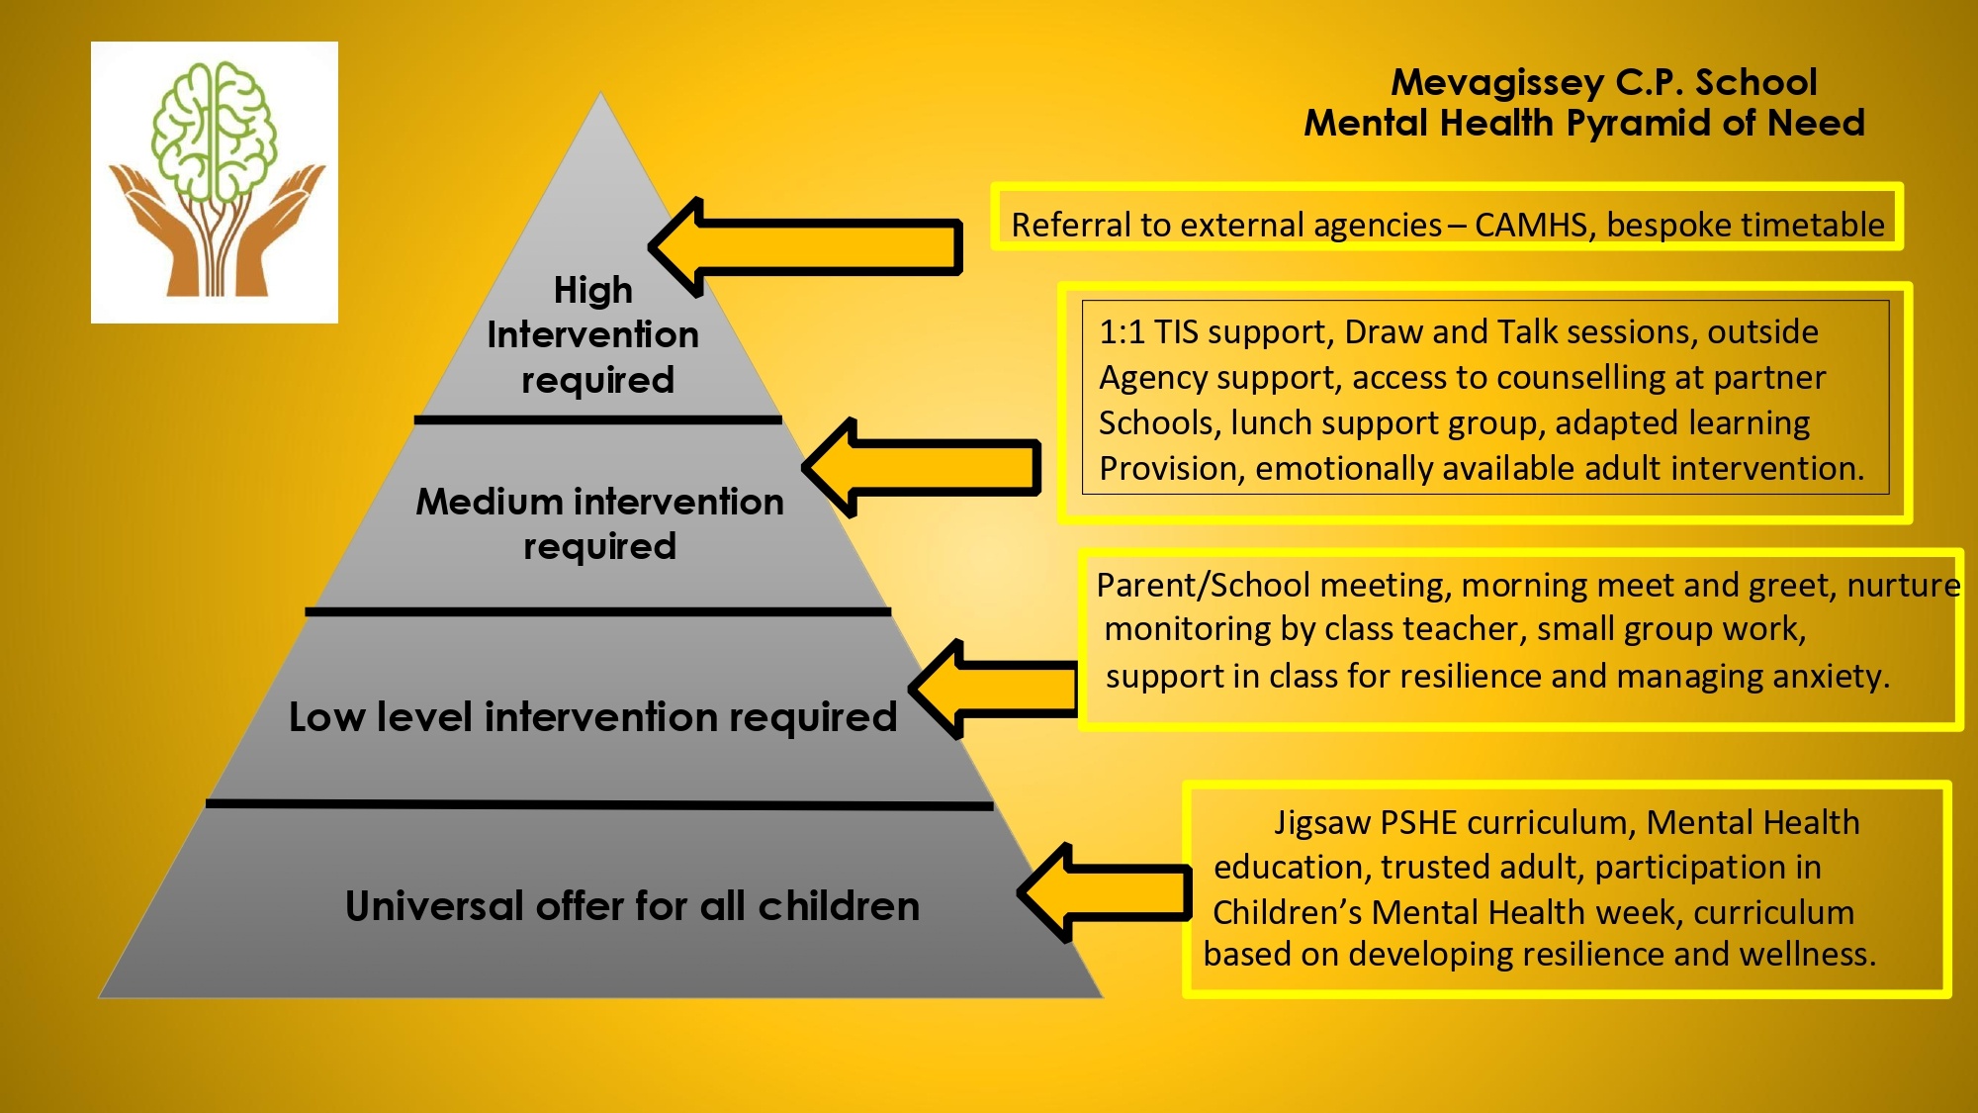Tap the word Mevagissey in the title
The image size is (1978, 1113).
coord(1497,82)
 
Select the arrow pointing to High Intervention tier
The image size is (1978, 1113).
coord(805,246)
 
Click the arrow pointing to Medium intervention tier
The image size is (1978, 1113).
coord(921,467)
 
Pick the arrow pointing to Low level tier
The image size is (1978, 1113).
coord(993,689)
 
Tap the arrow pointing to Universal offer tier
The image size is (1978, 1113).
coord(1105,892)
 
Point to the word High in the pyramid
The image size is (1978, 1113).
coord(593,290)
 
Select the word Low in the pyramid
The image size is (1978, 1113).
coord(326,716)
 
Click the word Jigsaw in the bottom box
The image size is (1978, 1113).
coord(1322,823)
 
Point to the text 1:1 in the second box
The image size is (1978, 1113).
coord(1122,332)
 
